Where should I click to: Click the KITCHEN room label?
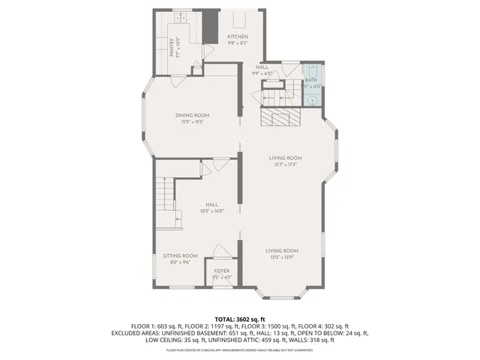[238, 37]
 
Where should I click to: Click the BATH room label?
[310, 80]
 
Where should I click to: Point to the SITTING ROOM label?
[180, 256]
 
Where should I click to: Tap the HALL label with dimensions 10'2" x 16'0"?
[212, 205]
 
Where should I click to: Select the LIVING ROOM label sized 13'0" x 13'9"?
[282, 250]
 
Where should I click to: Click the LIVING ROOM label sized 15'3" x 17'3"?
[286, 157]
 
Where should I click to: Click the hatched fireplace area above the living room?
[280, 118]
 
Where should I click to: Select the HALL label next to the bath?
[262, 67]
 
